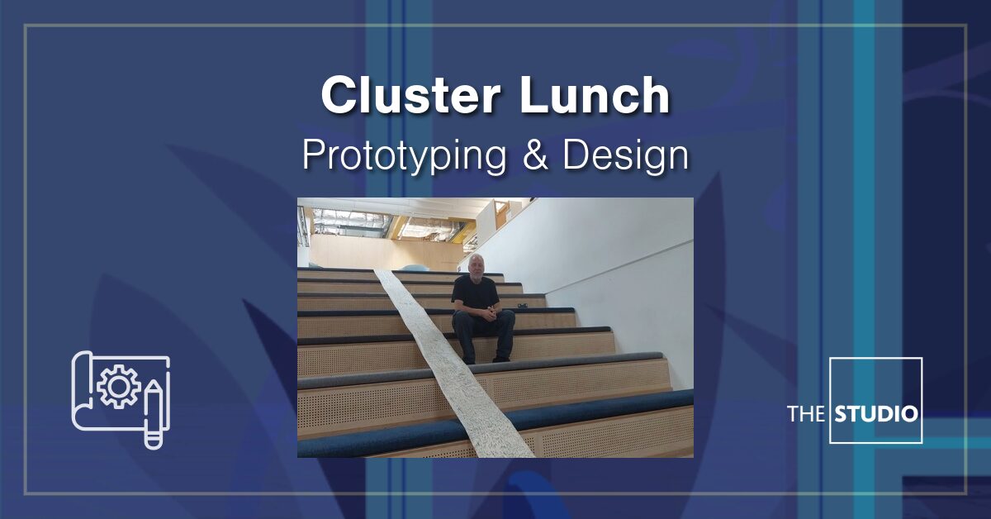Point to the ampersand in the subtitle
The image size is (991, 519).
point(535,155)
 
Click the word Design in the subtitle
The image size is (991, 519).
point(626,155)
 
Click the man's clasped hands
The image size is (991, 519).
point(489,312)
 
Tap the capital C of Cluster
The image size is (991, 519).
point(337,96)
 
